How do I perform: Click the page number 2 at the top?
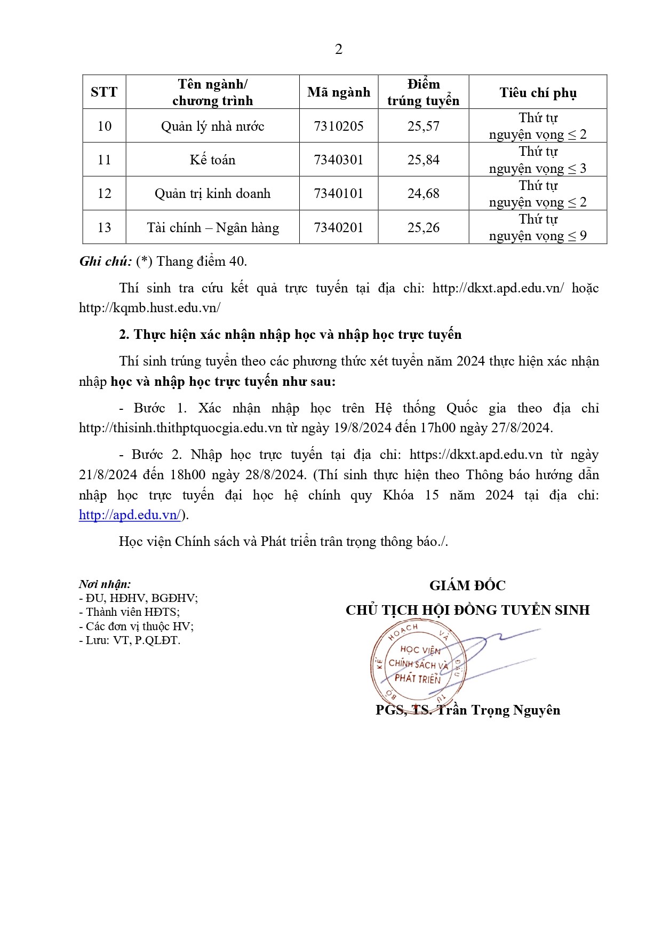(338, 50)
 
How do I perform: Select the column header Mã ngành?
(339, 92)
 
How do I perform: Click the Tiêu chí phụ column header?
(538, 93)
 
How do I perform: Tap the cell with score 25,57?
(424, 126)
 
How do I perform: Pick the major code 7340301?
(339, 160)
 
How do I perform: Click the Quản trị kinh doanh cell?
(212, 194)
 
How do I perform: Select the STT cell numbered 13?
(104, 228)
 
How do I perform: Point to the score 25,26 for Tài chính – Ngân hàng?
(424, 228)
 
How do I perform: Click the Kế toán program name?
(212, 160)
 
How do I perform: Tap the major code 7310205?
(339, 126)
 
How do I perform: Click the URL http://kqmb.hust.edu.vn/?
(150, 308)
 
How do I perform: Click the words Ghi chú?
(105, 261)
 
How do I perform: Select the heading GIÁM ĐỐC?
(467, 585)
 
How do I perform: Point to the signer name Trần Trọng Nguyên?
(498, 710)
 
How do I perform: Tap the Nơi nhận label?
(105, 584)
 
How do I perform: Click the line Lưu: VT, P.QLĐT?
(130, 640)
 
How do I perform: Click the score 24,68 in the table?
(424, 194)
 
